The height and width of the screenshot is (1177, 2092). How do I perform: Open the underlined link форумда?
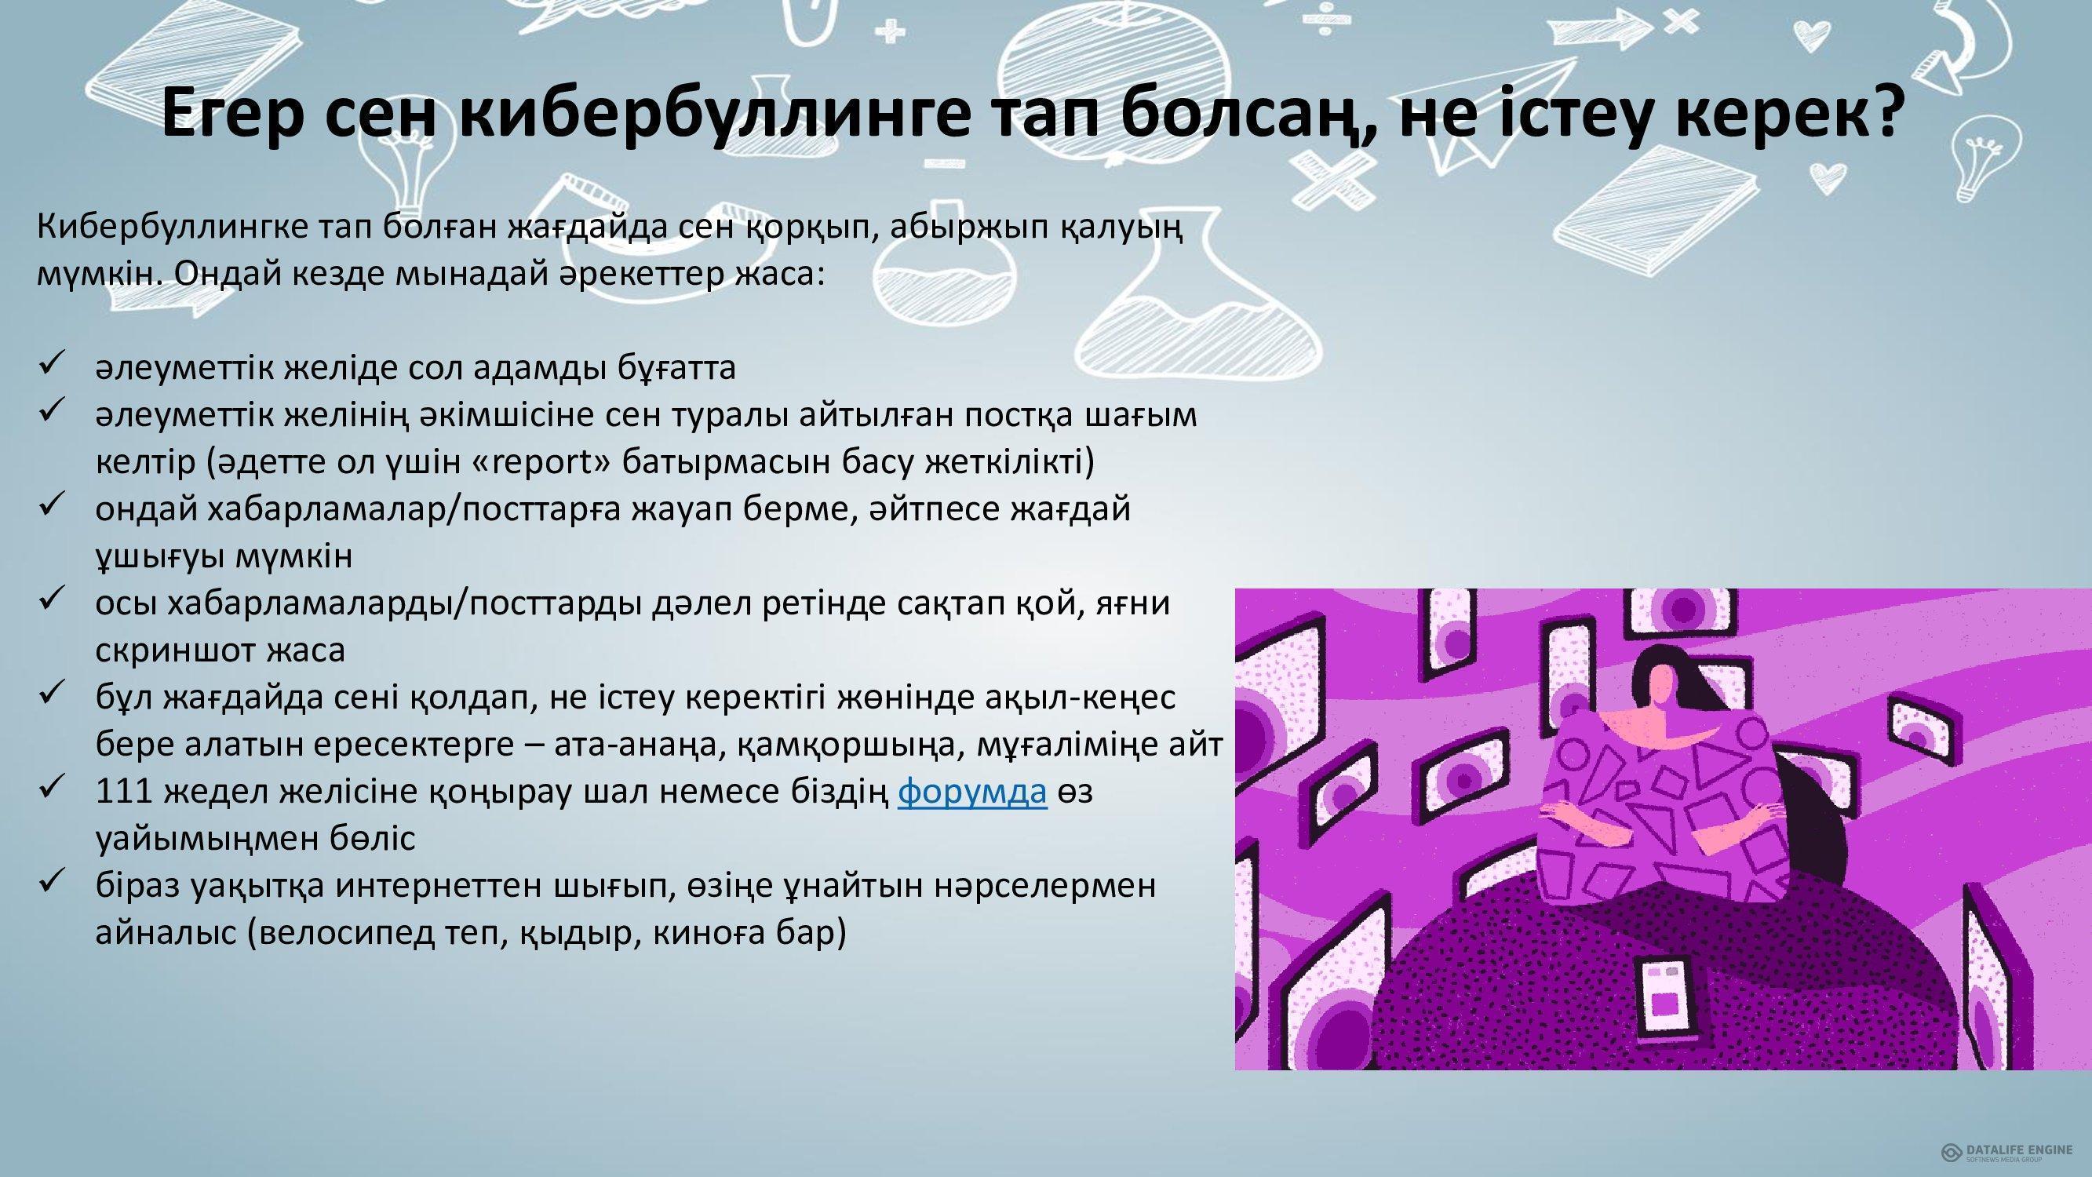(972, 791)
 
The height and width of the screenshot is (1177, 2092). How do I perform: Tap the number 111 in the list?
(124, 790)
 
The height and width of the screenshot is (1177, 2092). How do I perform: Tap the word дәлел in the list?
(699, 604)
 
